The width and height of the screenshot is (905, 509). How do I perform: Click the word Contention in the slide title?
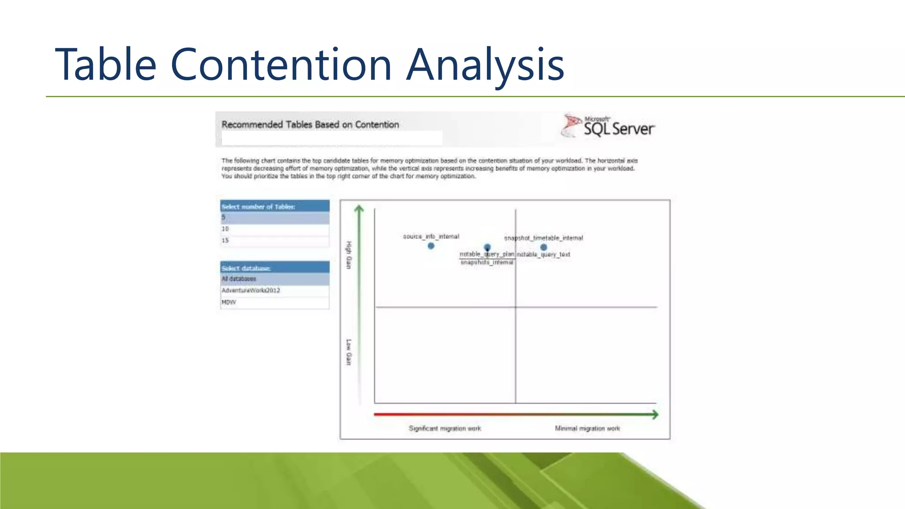pyautogui.click(x=281, y=65)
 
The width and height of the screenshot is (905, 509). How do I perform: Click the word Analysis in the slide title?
pyautogui.click(x=485, y=65)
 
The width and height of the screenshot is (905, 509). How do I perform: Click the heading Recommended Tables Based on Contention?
pyautogui.click(x=310, y=125)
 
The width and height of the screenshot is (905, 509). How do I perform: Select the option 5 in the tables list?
pyautogui.click(x=274, y=217)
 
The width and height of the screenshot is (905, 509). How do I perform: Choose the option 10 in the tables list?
pyautogui.click(x=274, y=229)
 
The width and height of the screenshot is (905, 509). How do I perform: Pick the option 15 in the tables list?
pyautogui.click(x=274, y=240)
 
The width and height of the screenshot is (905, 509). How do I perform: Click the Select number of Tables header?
pyautogui.click(x=274, y=206)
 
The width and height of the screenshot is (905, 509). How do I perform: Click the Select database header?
pyautogui.click(x=274, y=268)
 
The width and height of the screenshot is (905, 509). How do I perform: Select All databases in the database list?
pyautogui.click(x=274, y=279)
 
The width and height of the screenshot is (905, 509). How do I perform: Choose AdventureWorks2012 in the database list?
pyautogui.click(x=274, y=290)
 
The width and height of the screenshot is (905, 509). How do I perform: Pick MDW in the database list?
pyautogui.click(x=274, y=302)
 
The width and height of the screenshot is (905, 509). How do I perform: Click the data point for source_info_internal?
pyautogui.click(x=431, y=246)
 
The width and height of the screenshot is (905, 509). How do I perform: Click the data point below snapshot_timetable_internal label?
pyautogui.click(x=544, y=247)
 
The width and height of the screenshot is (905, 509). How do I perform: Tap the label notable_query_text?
pyautogui.click(x=544, y=254)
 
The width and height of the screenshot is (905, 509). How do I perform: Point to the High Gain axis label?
pyautogui.click(x=349, y=255)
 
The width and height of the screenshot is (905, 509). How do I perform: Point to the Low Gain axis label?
pyautogui.click(x=349, y=352)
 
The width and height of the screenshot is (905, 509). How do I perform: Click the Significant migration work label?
pyautogui.click(x=445, y=428)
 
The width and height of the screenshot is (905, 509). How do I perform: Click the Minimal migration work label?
pyautogui.click(x=587, y=428)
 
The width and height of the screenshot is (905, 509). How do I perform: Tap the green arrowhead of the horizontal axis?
pyautogui.click(x=655, y=414)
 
